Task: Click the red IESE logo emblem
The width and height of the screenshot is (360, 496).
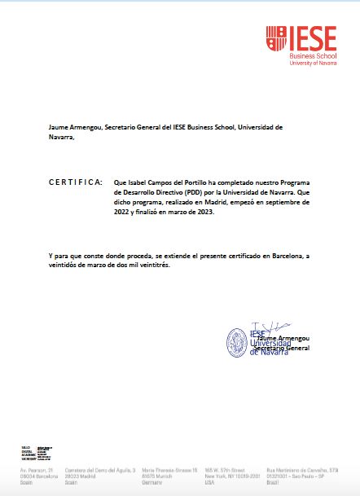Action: [x=277, y=37]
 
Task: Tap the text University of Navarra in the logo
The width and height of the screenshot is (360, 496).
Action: [x=314, y=63]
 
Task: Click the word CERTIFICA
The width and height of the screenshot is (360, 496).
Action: [x=76, y=181]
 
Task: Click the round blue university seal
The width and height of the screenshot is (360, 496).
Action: [x=237, y=342]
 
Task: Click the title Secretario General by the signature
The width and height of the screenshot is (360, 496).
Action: [x=282, y=348]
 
